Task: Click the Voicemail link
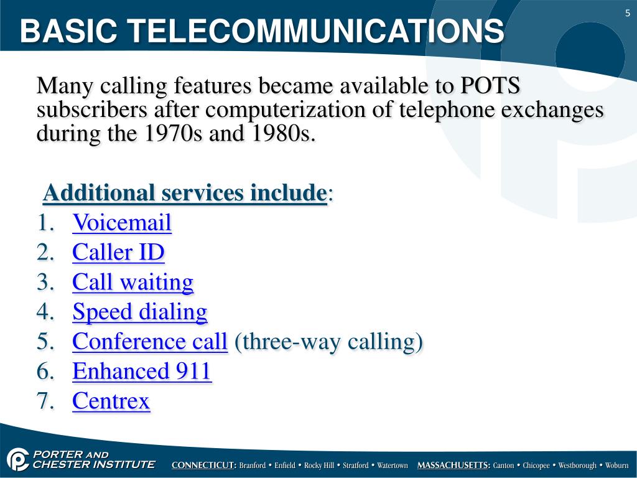[x=121, y=222]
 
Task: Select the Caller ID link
[x=118, y=252]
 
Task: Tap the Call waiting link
[x=133, y=282]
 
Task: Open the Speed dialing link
[x=139, y=312]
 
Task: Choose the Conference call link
[x=149, y=342]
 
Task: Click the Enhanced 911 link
[x=142, y=372]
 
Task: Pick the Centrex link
[x=111, y=401]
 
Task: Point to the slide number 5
[x=628, y=14]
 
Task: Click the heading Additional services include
[x=184, y=194]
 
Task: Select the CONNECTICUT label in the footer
[x=203, y=466]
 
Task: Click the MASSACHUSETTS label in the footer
[x=453, y=466]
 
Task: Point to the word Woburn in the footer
[x=617, y=466]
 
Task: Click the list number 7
[x=45, y=401]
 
